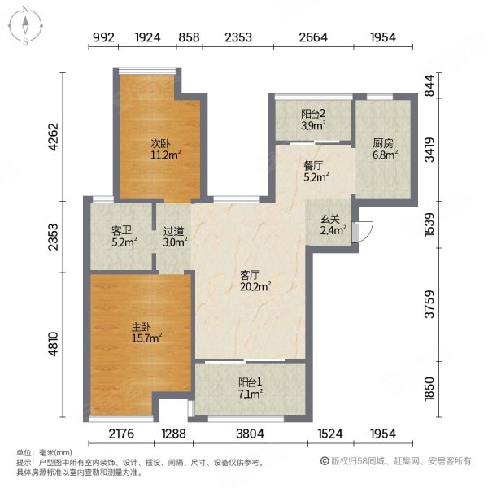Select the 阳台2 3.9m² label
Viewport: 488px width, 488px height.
tap(312, 120)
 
